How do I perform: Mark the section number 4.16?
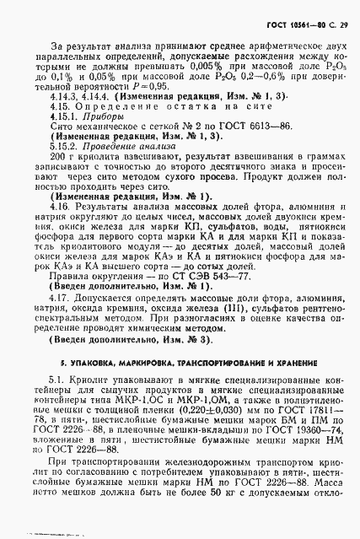coord(61,225)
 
